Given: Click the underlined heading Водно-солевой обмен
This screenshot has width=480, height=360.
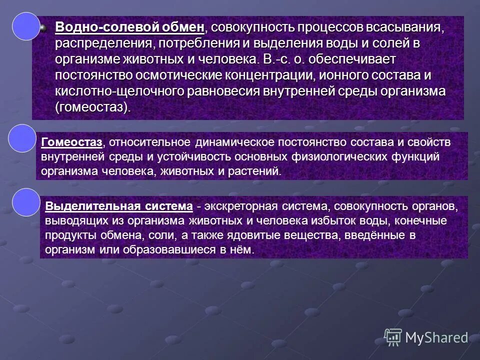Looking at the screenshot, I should (x=129, y=26).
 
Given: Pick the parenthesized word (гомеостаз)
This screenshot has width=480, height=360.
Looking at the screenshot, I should (x=92, y=108).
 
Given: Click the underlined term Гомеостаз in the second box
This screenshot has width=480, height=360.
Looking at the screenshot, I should (x=72, y=142).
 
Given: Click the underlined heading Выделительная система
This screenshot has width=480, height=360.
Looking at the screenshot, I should (x=119, y=206).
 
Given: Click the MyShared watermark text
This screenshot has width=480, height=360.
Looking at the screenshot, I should (x=436, y=338).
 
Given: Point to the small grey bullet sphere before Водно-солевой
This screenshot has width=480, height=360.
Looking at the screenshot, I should (x=44, y=27).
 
